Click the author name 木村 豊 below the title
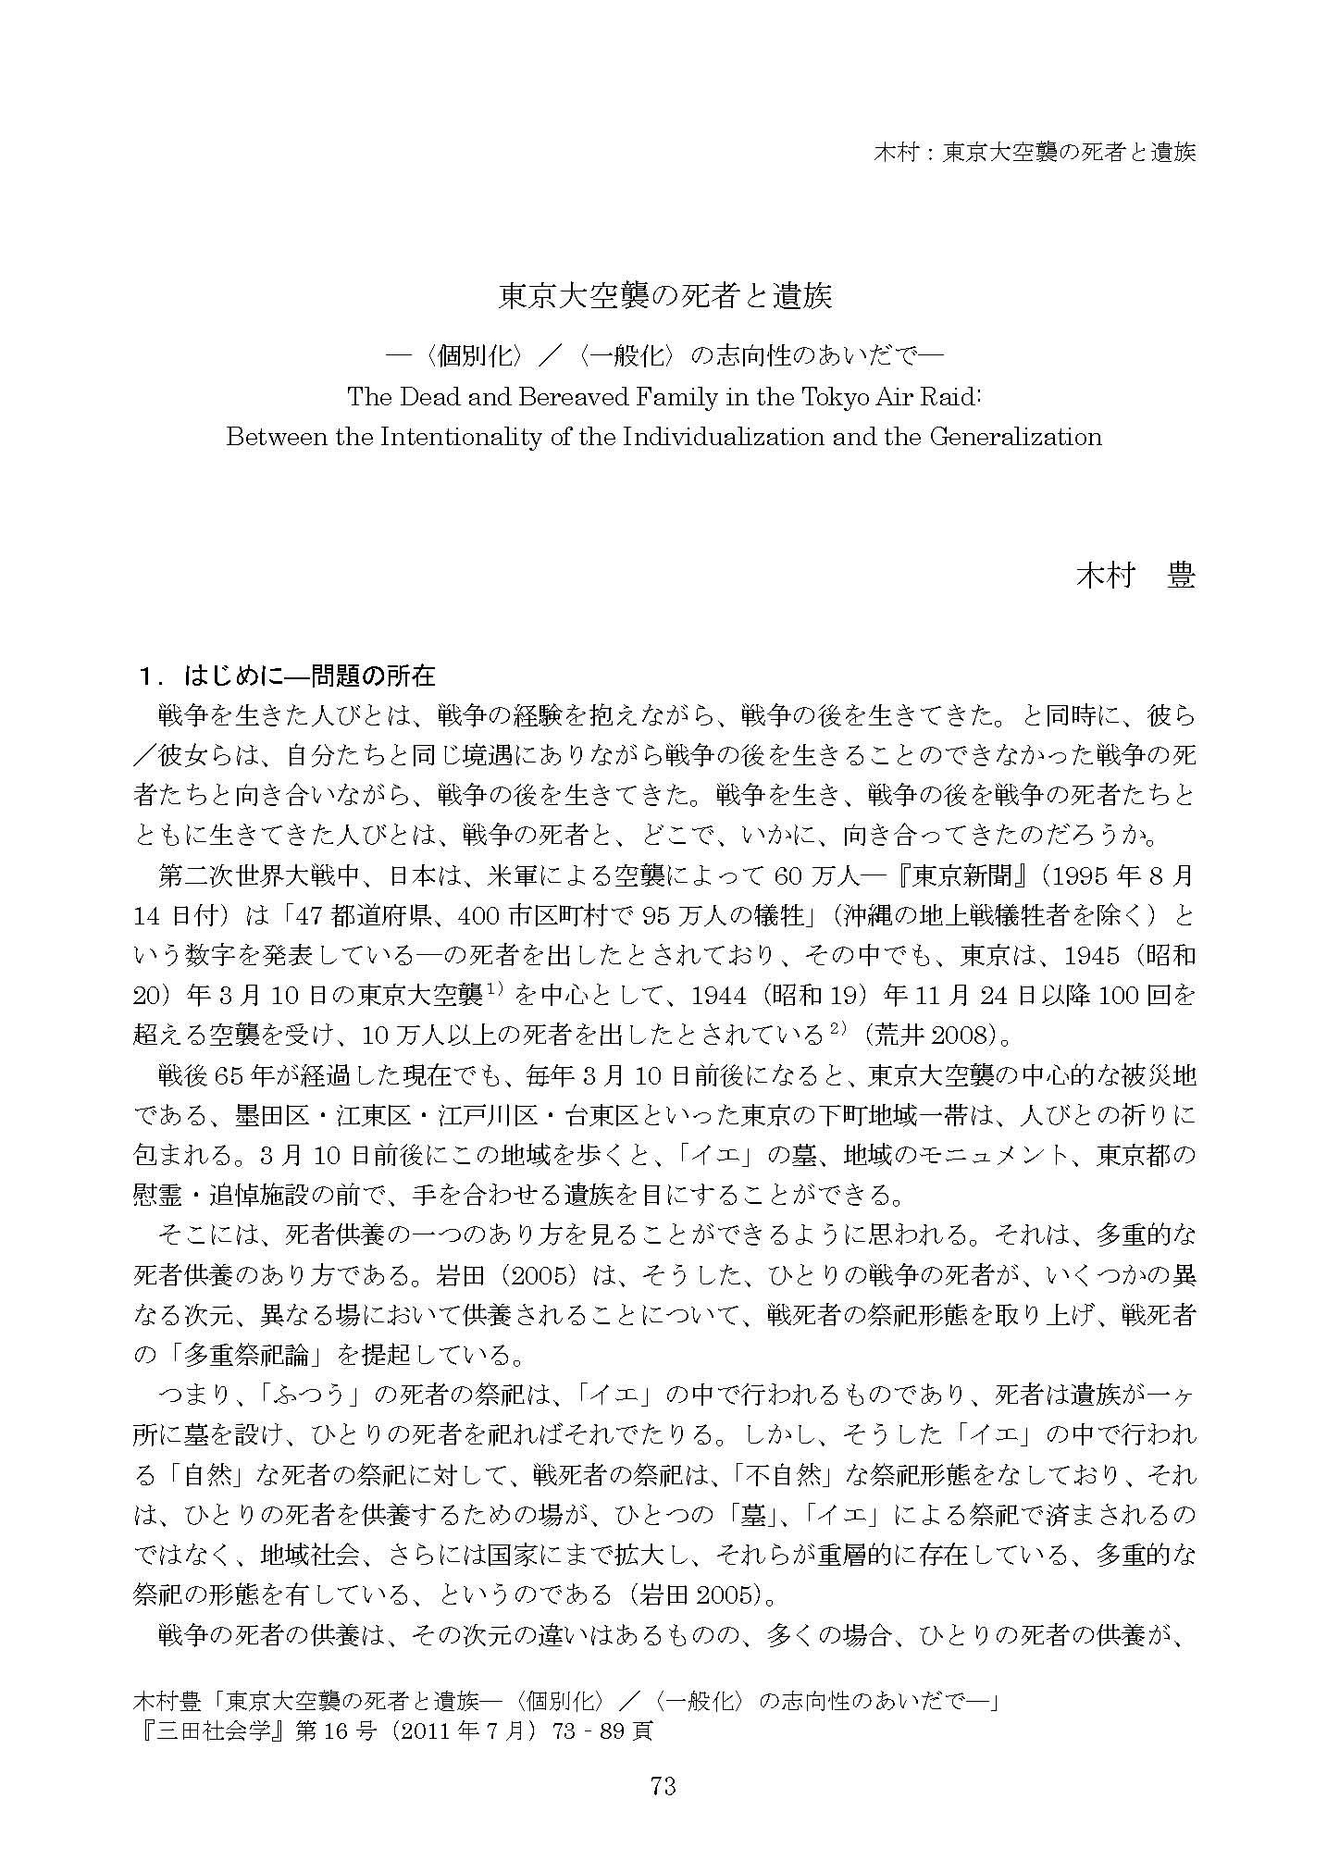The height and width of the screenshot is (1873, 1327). [x=1135, y=575]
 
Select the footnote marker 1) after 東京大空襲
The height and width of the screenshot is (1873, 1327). [x=491, y=988]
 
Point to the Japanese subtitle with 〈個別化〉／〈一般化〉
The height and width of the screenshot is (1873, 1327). [x=663, y=355]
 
